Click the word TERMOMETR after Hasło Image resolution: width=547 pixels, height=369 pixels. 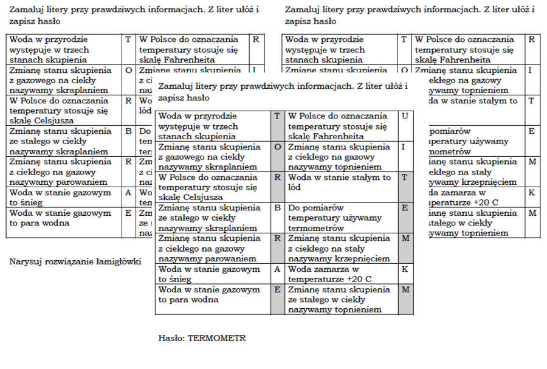click(217, 338)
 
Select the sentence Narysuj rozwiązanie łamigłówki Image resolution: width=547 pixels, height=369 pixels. click(75, 261)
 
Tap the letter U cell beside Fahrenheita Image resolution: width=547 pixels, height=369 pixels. click(405, 116)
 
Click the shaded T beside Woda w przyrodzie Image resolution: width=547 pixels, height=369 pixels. click(277, 116)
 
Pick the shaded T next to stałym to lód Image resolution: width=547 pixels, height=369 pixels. click(405, 178)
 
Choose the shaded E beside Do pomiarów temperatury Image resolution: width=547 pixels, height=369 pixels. click(405, 208)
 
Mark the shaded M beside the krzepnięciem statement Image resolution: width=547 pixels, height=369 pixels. click(405, 238)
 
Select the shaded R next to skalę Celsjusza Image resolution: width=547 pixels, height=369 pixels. click(277, 178)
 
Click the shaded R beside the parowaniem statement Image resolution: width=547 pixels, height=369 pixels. click(277, 238)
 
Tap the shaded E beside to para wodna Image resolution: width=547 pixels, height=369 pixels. click(277, 290)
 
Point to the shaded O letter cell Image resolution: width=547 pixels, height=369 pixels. click(277, 147)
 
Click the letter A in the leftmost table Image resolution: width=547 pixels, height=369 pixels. click(128, 193)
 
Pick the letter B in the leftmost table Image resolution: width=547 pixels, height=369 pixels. click(128, 130)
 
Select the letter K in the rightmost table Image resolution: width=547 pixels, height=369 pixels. click(532, 193)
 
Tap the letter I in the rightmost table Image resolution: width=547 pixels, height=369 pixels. click(531, 70)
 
